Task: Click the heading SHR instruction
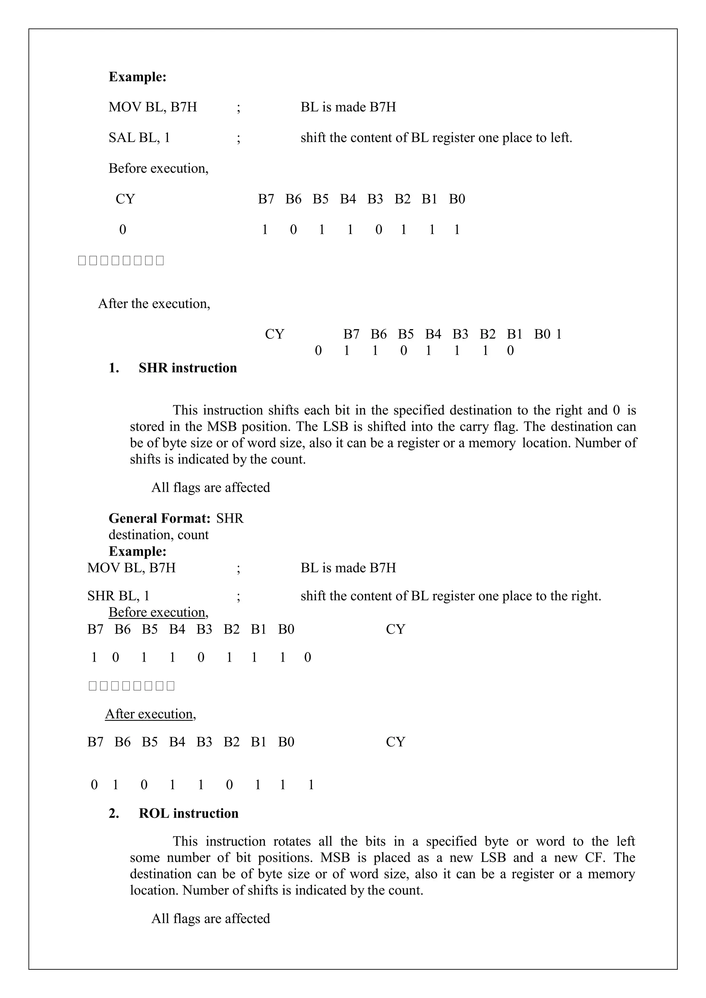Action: [188, 368]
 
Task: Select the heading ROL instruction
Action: [188, 813]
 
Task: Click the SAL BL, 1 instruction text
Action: [139, 138]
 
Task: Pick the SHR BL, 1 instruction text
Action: [118, 596]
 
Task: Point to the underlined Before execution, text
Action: [158, 612]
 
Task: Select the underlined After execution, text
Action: [150, 714]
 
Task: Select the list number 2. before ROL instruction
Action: [114, 813]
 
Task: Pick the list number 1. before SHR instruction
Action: [114, 368]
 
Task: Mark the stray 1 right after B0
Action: [558, 334]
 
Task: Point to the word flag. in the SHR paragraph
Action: [506, 427]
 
